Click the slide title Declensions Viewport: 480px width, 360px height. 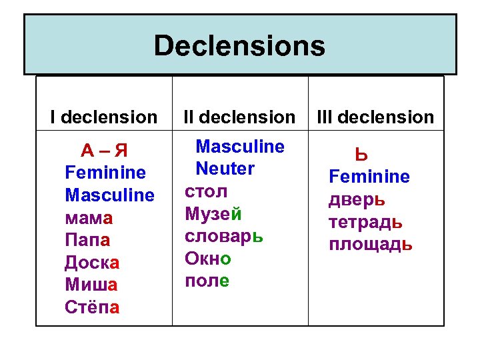tap(239, 46)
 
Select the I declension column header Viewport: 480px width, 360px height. tap(104, 117)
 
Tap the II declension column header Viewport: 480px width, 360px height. tap(239, 117)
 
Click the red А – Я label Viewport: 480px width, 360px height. tap(103, 149)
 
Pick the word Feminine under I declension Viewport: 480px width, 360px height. tap(105, 173)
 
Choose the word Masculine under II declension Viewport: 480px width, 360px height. tap(239, 147)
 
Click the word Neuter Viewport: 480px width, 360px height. tap(225, 169)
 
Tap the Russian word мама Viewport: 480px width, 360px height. tap(89, 217)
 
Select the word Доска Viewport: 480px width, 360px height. tap(91, 263)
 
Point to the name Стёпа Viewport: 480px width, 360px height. tap(93, 307)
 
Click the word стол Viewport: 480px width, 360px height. tap(206, 192)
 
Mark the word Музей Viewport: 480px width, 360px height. tap(213, 214)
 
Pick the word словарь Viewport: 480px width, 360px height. tap(224, 237)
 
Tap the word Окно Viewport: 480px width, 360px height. tap(208, 259)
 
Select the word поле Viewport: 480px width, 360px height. tap(207, 281)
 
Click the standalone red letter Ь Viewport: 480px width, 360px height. tap(361, 155)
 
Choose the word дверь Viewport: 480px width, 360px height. tap(357, 199)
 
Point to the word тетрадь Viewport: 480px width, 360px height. tap(365, 221)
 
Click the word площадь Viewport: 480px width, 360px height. tap(371, 244)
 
